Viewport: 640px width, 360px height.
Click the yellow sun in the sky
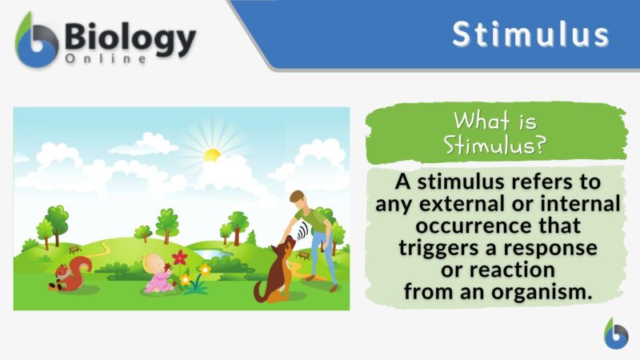click(211, 155)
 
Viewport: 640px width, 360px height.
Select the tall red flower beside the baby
click(179, 258)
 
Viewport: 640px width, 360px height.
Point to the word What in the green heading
click(481, 122)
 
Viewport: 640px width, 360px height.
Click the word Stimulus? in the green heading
click(493, 146)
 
